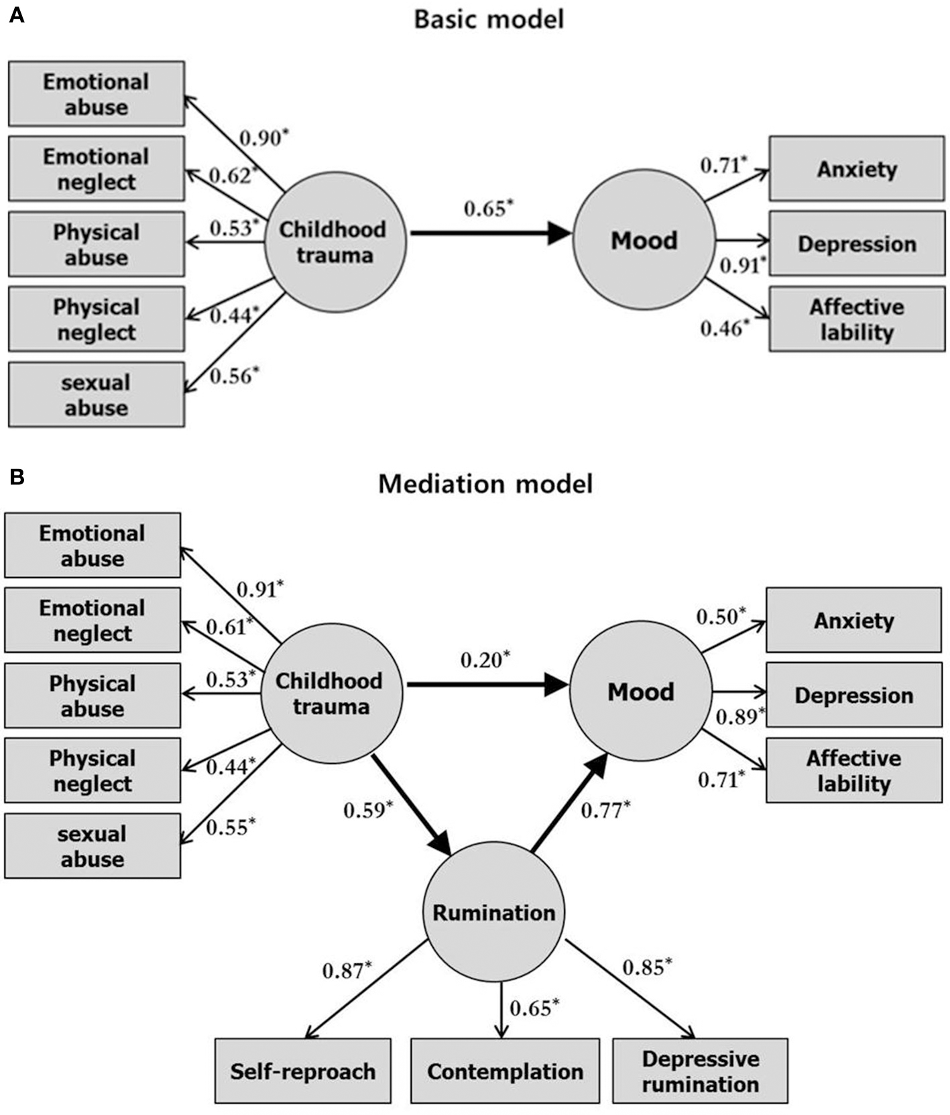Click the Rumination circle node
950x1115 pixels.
[x=494, y=912]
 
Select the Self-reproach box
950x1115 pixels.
[x=303, y=1071]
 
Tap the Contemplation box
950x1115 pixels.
[x=505, y=1071]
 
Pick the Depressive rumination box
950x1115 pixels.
[x=700, y=1071]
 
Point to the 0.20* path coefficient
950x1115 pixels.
[x=485, y=660]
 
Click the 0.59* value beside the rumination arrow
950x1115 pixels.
[x=368, y=810]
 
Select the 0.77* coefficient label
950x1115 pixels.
[x=605, y=810]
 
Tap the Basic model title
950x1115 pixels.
[x=489, y=19]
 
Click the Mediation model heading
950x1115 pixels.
[x=485, y=484]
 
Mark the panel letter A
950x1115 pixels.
[x=17, y=15]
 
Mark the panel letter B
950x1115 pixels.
[x=17, y=477]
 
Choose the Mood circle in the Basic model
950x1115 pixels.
[x=644, y=240]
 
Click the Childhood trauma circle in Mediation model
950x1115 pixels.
[x=331, y=693]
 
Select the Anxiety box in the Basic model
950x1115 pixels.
[x=856, y=168]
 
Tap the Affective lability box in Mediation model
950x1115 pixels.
[x=853, y=770]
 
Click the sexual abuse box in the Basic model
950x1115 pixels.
[x=96, y=394]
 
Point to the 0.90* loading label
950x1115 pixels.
[x=264, y=138]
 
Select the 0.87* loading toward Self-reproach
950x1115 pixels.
[x=347, y=970]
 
